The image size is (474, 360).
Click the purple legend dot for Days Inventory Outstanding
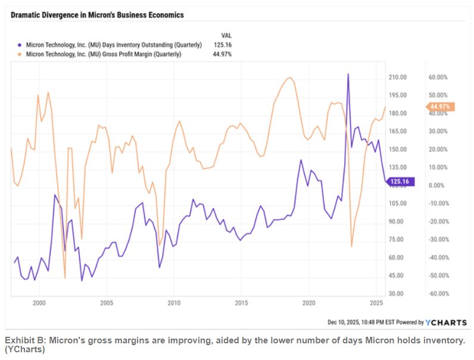tap(21, 45)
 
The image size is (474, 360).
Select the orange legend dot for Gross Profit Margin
tap(21, 54)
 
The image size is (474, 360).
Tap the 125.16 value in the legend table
tap(222, 45)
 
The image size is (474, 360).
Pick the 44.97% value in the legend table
tap(222, 54)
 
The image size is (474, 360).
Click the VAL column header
tap(226, 35)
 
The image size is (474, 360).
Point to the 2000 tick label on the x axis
tap(39, 303)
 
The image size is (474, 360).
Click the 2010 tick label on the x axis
tap(174, 303)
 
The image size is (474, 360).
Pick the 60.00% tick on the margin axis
tap(438, 77)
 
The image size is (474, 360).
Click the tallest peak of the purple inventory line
tap(348, 74)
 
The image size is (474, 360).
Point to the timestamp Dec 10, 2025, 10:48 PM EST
tap(364, 322)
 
